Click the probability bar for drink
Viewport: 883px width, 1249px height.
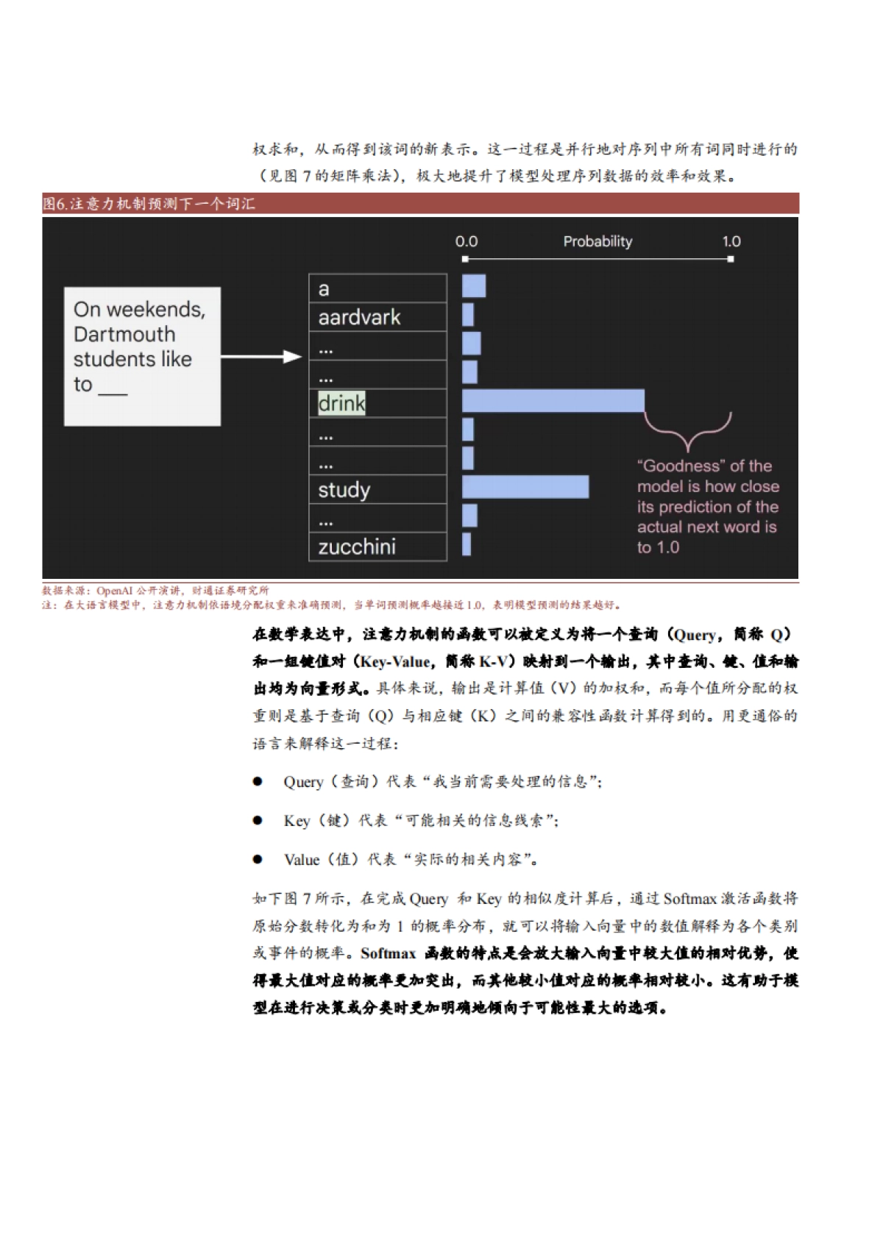pos(553,401)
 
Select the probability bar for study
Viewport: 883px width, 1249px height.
pos(525,487)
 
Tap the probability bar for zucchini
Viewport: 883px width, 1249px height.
pos(467,544)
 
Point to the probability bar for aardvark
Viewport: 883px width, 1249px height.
pos(468,315)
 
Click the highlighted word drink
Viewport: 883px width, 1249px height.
pos(341,403)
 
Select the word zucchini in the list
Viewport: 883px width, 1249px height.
pos(357,547)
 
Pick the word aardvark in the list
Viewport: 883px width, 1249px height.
pos(359,317)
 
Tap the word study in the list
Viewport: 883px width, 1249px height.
pos(344,490)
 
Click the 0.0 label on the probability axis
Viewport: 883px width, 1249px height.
pos(467,241)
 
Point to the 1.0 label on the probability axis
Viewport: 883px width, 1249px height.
pos(731,241)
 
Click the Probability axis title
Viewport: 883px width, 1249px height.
pos(597,241)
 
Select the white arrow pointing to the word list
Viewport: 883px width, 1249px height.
pos(261,357)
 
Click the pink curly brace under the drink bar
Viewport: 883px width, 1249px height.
pos(688,431)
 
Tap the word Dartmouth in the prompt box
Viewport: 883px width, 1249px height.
pos(124,335)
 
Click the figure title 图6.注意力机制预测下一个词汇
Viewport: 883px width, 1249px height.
pos(149,204)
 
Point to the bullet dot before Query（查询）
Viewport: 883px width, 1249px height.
pos(258,781)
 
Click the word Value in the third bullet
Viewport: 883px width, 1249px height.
pos(302,859)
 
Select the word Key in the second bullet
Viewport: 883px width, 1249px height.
pos(297,820)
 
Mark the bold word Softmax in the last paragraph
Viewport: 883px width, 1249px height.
pos(388,953)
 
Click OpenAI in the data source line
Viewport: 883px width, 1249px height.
pos(115,591)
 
